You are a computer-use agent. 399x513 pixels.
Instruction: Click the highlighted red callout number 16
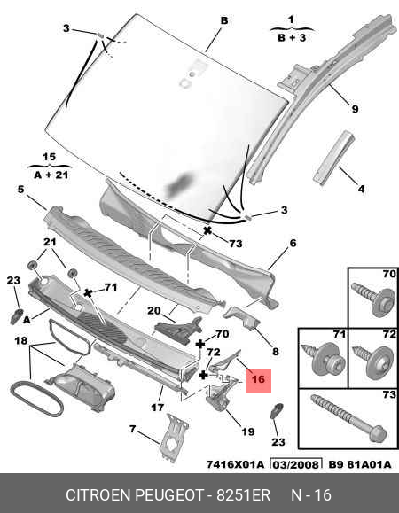click(x=258, y=379)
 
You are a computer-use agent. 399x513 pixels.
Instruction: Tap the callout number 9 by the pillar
click(x=356, y=109)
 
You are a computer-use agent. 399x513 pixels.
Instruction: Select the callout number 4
click(x=361, y=189)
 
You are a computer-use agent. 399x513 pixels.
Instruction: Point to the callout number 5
click(x=21, y=190)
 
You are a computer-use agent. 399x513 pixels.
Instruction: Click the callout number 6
click(x=293, y=243)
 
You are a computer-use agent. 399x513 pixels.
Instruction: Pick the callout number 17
click(x=158, y=408)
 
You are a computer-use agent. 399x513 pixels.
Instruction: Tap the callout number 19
click(x=247, y=431)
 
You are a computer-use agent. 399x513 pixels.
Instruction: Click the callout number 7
click(x=132, y=429)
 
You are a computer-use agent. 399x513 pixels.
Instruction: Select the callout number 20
click(x=154, y=310)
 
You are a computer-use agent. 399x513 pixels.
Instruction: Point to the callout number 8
click(x=276, y=352)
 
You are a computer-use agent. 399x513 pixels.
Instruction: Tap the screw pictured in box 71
click(x=324, y=360)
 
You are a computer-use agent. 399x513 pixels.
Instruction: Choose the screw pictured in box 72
click(x=373, y=361)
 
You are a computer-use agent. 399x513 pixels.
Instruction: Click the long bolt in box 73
click(x=348, y=418)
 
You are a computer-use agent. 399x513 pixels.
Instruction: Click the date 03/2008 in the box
click(x=296, y=464)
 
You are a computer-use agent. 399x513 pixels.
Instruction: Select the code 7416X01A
click(x=235, y=464)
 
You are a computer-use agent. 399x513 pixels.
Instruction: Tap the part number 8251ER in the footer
click(x=243, y=495)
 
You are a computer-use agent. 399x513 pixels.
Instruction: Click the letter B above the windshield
click(x=224, y=20)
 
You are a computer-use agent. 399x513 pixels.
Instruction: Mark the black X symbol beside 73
click(x=207, y=230)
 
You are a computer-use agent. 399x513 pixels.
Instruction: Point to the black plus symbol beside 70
click(x=200, y=344)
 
